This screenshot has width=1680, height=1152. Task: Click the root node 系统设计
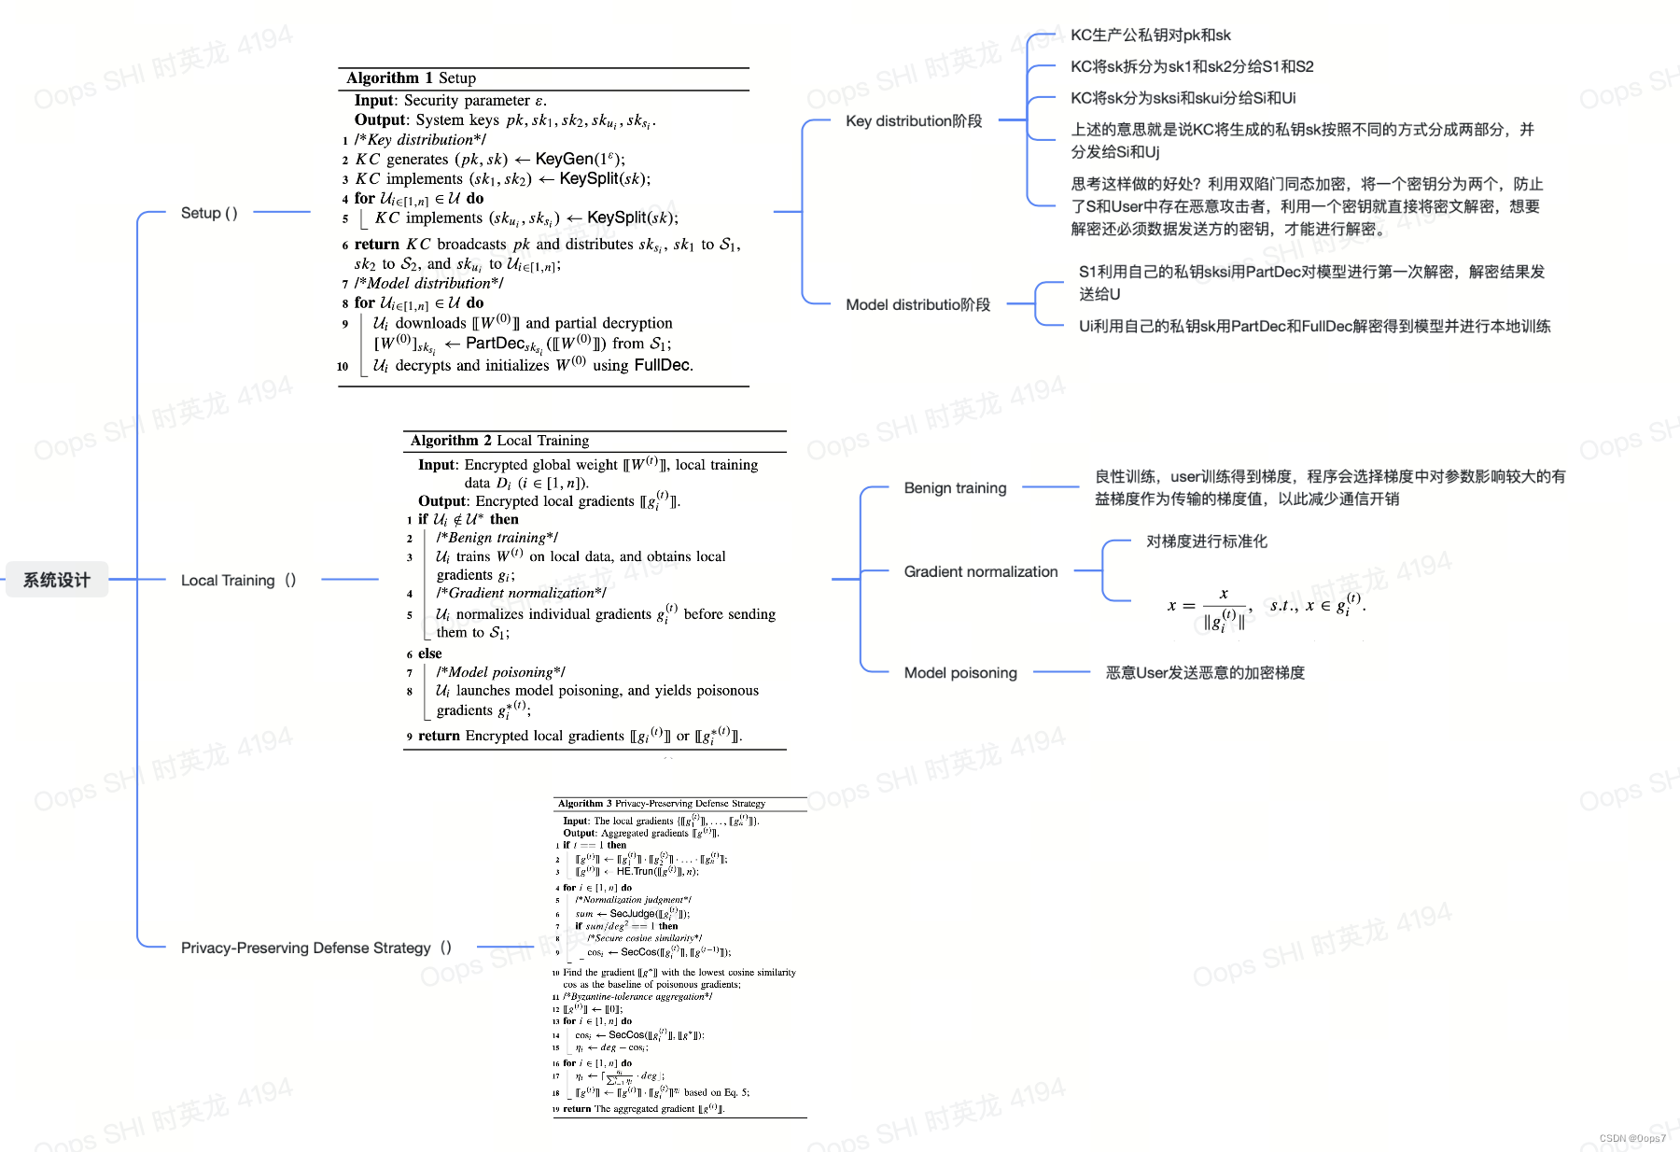point(57,580)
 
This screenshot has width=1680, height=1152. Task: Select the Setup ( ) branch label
point(209,213)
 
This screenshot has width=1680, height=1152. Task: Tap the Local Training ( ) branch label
point(238,581)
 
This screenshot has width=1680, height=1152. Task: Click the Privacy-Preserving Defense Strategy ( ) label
point(315,948)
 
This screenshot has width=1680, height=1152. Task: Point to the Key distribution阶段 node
point(914,121)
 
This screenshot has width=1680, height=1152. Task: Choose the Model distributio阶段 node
point(917,305)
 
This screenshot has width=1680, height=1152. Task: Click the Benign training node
point(955,488)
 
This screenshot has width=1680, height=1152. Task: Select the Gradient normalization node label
point(980,571)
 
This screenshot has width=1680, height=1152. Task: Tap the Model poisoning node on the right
point(960,673)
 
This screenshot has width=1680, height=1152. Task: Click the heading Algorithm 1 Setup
point(411,78)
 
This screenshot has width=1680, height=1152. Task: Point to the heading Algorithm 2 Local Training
point(499,441)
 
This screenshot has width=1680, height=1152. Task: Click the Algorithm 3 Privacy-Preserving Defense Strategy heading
point(661,804)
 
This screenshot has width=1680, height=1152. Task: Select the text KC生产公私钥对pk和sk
point(1150,35)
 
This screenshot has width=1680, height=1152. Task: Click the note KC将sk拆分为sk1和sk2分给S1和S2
point(1191,67)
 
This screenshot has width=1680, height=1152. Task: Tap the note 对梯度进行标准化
point(1206,541)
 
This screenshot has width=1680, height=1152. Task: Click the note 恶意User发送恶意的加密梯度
point(1204,673)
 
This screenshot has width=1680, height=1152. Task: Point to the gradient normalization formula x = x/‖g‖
point(1265,608)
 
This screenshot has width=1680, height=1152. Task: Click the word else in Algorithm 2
point(429,653)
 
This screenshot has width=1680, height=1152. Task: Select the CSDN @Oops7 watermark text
point(1631,1138)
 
